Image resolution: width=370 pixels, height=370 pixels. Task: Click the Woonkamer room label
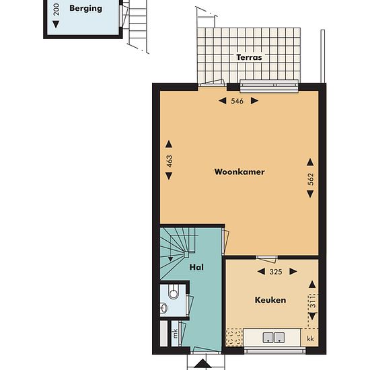point(239,172)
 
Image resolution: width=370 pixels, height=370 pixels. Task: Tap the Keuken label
point(270,300)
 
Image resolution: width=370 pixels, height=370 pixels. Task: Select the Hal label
point(196,267)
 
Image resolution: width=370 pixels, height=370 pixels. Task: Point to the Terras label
point(249,57)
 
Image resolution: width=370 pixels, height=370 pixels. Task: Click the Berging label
point(85,8)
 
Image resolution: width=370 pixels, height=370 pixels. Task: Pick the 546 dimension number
point(237,101)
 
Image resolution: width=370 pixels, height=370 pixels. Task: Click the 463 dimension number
point(169,161)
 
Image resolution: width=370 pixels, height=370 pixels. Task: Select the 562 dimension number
point(311,179)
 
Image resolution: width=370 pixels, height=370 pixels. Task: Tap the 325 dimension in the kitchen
point(276,272)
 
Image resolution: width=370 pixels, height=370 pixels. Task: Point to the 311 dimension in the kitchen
point(312,301)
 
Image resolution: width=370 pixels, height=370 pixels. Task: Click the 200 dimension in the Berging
point(56,9)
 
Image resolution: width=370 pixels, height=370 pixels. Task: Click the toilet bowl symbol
point(173,292)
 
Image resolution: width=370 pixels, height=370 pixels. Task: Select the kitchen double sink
point(274,338)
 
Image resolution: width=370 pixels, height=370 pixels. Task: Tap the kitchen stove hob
point(234,338)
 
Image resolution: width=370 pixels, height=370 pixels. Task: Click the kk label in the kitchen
point(310,338)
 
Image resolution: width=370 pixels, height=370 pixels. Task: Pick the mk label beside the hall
point(175,334)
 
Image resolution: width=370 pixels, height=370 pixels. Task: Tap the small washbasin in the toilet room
point(163,307)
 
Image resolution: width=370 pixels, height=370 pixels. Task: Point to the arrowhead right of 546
point(254,101)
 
